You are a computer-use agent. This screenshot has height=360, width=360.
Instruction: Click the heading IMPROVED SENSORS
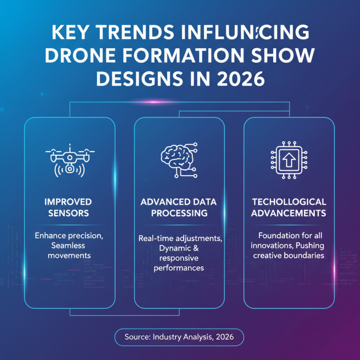pos(68,207)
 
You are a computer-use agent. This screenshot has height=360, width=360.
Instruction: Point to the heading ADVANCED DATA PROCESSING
pos(179,207)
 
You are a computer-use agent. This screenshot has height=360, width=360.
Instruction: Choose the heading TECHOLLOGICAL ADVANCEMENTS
pos(288,207)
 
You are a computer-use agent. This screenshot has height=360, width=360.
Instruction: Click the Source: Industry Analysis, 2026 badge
pos(179,337)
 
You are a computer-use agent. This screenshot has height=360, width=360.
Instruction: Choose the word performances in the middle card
pos(179,268)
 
